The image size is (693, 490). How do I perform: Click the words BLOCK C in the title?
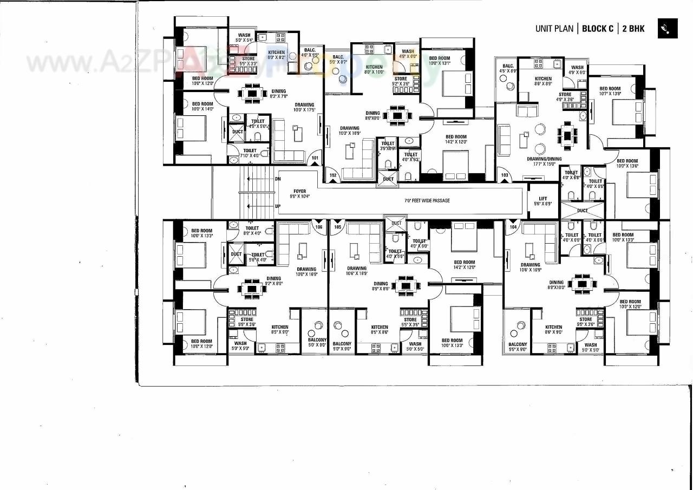598,29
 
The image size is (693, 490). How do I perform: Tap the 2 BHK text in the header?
633,29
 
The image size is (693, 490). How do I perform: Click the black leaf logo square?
668,29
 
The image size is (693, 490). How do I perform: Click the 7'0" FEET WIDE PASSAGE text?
427,200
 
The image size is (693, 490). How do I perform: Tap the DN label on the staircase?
278,179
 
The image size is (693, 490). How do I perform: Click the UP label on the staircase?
278,206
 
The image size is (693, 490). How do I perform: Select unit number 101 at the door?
315,159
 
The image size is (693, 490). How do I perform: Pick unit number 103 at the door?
505,175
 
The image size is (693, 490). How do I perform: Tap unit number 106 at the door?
319,227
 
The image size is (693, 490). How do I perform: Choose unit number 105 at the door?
337,227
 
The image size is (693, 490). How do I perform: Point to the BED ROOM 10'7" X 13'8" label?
610,91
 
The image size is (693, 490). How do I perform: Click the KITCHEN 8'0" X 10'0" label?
374,69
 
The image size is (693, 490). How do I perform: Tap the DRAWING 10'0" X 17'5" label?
304,107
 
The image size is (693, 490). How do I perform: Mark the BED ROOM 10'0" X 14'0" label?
202,106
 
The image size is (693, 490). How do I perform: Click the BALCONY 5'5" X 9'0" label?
518,347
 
